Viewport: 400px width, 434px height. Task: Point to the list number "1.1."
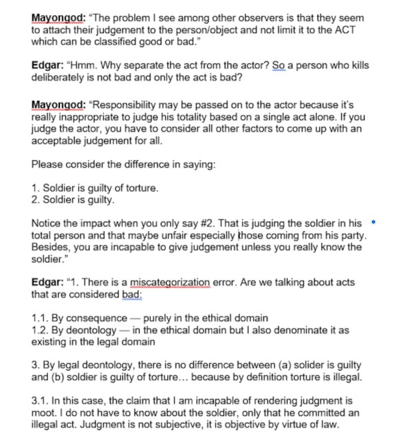click(41, 318)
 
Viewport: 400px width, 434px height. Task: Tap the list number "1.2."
click(41, 330)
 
